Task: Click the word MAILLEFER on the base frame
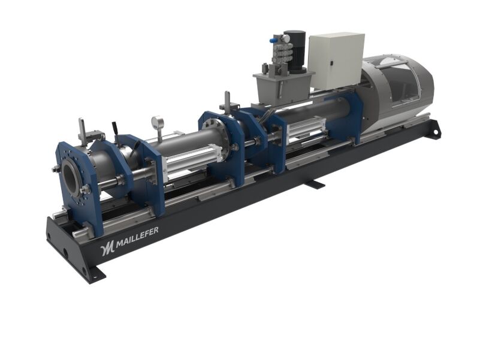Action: pos(137,236)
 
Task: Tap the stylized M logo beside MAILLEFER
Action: pos(107,246)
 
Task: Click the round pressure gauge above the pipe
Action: pos(158,122)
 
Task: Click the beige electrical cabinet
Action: pos(336,60)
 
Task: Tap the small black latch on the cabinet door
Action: pos(331,63)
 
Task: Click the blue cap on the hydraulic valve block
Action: pos(272,40)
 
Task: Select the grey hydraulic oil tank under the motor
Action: pos(283,89)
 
